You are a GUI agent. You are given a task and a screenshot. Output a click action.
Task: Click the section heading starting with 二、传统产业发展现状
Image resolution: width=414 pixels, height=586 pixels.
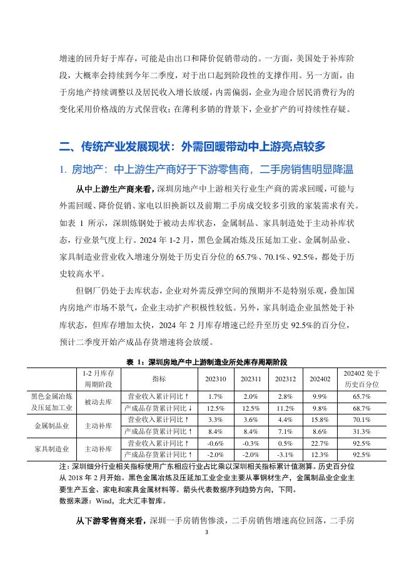(193, 146)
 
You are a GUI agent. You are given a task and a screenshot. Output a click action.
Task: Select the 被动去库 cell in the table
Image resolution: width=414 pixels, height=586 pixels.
(98, 402)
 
